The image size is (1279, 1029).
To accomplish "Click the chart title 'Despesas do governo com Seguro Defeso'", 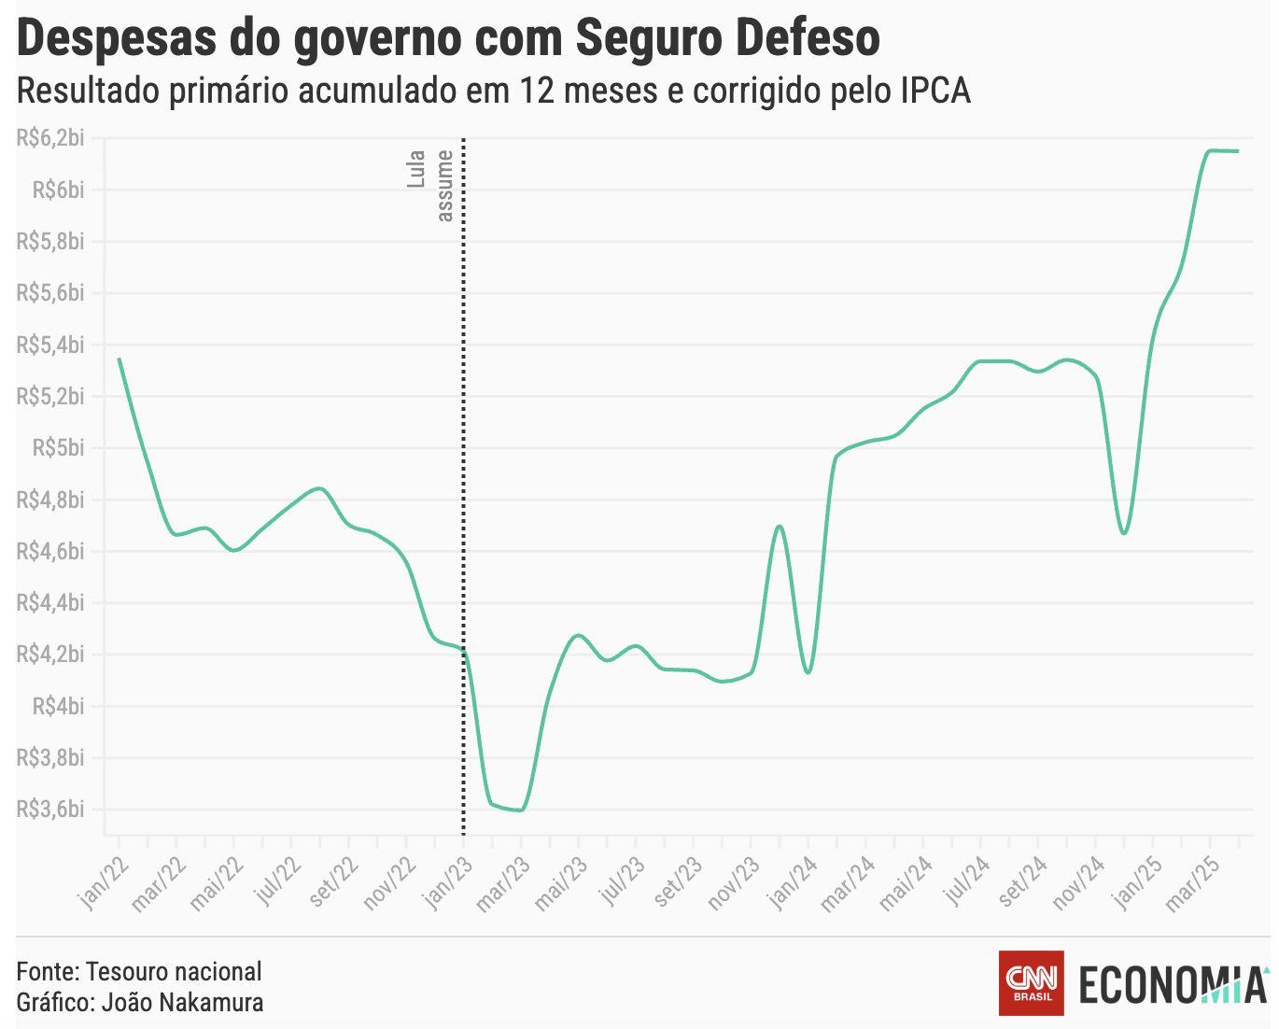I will [x=448, y=39].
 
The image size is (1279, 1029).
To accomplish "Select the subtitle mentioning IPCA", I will [x=493, y=91].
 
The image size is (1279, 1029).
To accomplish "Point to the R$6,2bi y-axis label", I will [x=50, y=138].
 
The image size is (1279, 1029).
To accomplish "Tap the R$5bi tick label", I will [x=58, y=448].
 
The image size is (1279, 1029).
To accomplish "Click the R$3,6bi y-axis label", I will [x=50, y=809].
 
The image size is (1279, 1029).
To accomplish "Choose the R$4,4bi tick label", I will [x=50, y=603].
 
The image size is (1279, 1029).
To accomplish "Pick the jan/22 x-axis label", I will [x=102, y=883].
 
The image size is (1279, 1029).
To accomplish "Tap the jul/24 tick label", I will [x=964, y=883].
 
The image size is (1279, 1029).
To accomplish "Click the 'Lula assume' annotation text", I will [x=430, y=185].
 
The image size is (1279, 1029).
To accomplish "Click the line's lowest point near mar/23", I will [x=520, y=810].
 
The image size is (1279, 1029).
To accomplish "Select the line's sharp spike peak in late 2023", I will [x=780, y=527].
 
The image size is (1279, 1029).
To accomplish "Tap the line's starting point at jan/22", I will [x=119, y=359].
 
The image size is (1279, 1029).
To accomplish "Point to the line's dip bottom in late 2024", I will [x=1124, y=533].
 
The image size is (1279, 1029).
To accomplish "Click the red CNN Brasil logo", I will [x=1031, y=982].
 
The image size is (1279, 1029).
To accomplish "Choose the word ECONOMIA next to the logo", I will [x=1173, y=984].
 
